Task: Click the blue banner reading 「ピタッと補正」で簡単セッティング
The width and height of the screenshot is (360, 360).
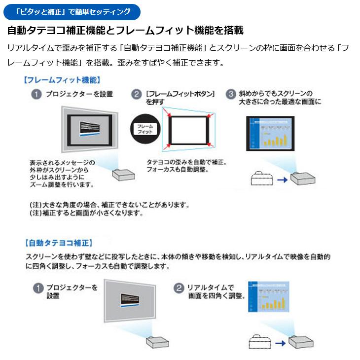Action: pos(72,10)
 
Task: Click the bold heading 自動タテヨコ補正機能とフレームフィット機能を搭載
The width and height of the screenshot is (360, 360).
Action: pos(125,31)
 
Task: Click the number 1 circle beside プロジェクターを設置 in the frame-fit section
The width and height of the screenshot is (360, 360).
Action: pos(36,94)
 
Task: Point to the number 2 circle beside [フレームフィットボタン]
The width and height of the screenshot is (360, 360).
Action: pos(136,94)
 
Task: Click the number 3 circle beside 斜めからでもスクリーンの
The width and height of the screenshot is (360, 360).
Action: pos(230,94)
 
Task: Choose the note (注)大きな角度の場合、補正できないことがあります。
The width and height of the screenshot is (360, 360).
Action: pos(109,204)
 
